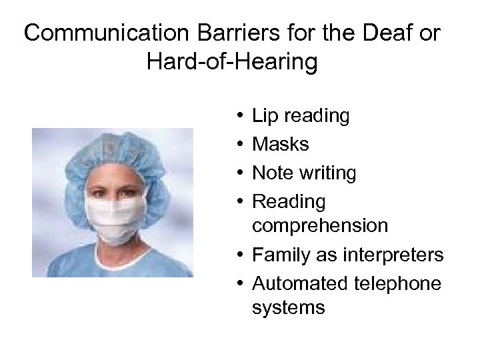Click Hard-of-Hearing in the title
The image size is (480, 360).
click(x=230, y=63)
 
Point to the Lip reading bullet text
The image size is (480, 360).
click(x=300, y=116)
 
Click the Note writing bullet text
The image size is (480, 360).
click(x=303, y=173)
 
